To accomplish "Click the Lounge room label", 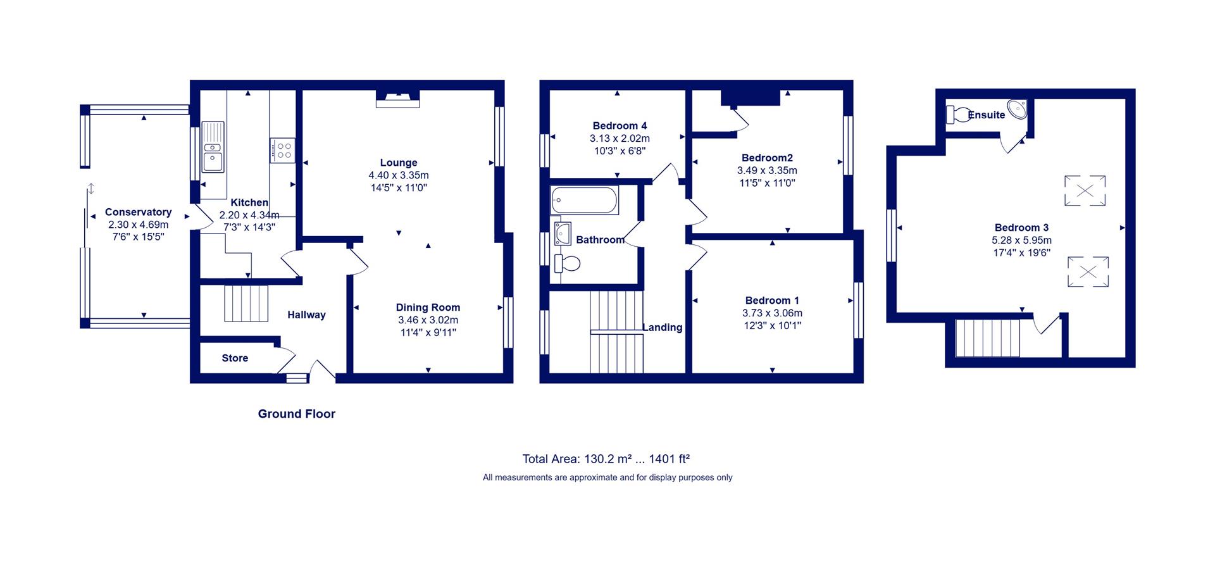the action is click(399, 163).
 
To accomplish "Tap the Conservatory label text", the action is click(138, 212).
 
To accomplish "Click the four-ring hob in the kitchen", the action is click(282, 150).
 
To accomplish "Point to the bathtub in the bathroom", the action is click(584, 201).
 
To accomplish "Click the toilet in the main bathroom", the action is click(568, 263).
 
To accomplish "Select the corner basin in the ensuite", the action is click(1016, 109).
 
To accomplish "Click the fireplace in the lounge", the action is click(398, 98).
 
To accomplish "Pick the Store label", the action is click(235, 358).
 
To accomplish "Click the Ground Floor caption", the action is click(297, 414).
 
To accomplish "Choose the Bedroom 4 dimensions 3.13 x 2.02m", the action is click(620, 139).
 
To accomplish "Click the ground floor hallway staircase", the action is click(246, 304).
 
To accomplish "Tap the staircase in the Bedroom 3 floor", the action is click(987, 339).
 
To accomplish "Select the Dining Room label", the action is click(428, 308).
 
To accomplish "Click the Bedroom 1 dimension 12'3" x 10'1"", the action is click(772, 326).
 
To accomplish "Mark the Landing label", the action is click(663, 327).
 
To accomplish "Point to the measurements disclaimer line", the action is click(607, 478).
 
